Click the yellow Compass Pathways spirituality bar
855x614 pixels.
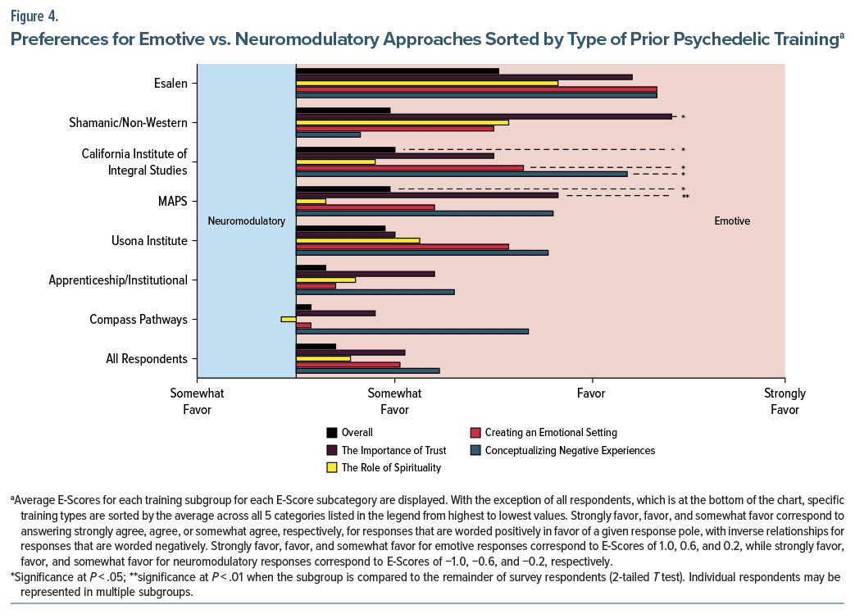pyautogui.click(x=288, y=319)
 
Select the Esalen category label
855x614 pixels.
pyautogui.click(x=171, y=83)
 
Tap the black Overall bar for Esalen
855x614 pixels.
pyautogui.click(x=397, y=70)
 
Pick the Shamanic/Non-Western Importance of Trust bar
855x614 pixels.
pyautogui.click(x=484, y=116)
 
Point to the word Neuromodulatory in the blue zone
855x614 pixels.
pyautogui.click(x=246, y=221)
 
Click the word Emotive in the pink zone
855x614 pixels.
pyautogui.click(x=732, y=221)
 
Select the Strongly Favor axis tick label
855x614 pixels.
pyautogui.click(x=785, y=401)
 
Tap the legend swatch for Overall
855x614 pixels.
pyautogui.click(x=332, y=433)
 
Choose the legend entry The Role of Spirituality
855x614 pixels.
pyautogui.click(x=391, y=468)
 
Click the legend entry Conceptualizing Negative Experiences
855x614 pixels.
pyautogui.click(x=570, y=450)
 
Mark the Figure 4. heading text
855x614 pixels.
pyautogui.click(x=34, y=16)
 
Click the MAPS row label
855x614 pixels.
pyautogui.click(x=172, y=201)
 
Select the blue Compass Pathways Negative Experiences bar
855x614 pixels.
pyautogui.click(x=412, y=331)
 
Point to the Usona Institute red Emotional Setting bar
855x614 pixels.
pyautogui.click(x=402, y=246)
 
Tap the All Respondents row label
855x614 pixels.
pyautogui.click(x=147, y=358)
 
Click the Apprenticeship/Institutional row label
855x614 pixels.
pyautogui.click(x=118, y=280)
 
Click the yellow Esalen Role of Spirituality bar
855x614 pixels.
pyautogui.click(x=426, y=83)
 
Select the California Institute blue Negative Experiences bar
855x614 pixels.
pyautogui.click(x=462, y=174)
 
